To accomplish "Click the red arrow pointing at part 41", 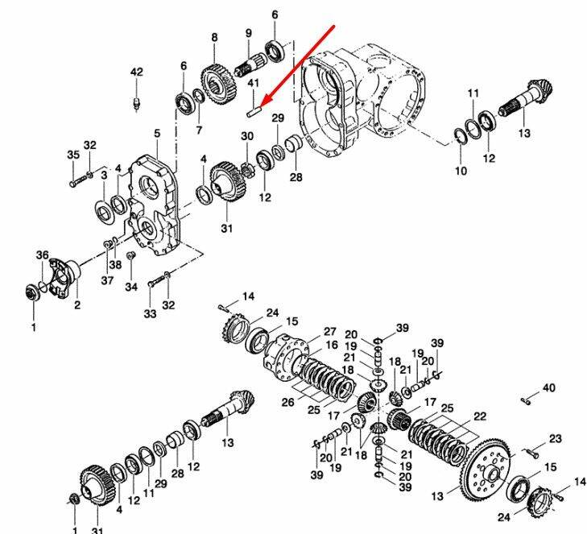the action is [x=298, y=66].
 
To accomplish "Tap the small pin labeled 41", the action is [x=254, y=112].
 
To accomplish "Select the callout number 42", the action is [x=137, y=72].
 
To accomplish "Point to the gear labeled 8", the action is [x=219, y=85].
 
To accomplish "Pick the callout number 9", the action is [x=249, y=33].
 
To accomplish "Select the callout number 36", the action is [x=43, y=255].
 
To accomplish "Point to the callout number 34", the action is [x=131, y=287].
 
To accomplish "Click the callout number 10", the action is [x=461, y=171].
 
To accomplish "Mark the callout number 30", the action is [x=247, y=136].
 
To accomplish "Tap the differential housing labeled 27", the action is [x=287, y=357].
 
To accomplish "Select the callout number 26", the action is [x=288, y=402].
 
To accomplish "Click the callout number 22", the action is [x=480, y=416].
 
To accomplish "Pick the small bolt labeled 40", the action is [x=526, y=401].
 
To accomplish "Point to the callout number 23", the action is [x=556, y=438].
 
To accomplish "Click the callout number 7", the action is [x=199, y=130].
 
